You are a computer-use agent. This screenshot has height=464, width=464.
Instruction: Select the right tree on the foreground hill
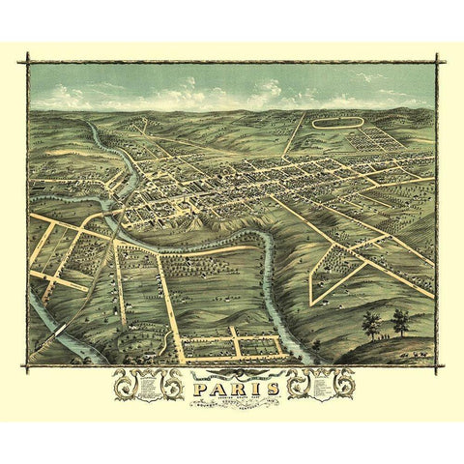point(399,320)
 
